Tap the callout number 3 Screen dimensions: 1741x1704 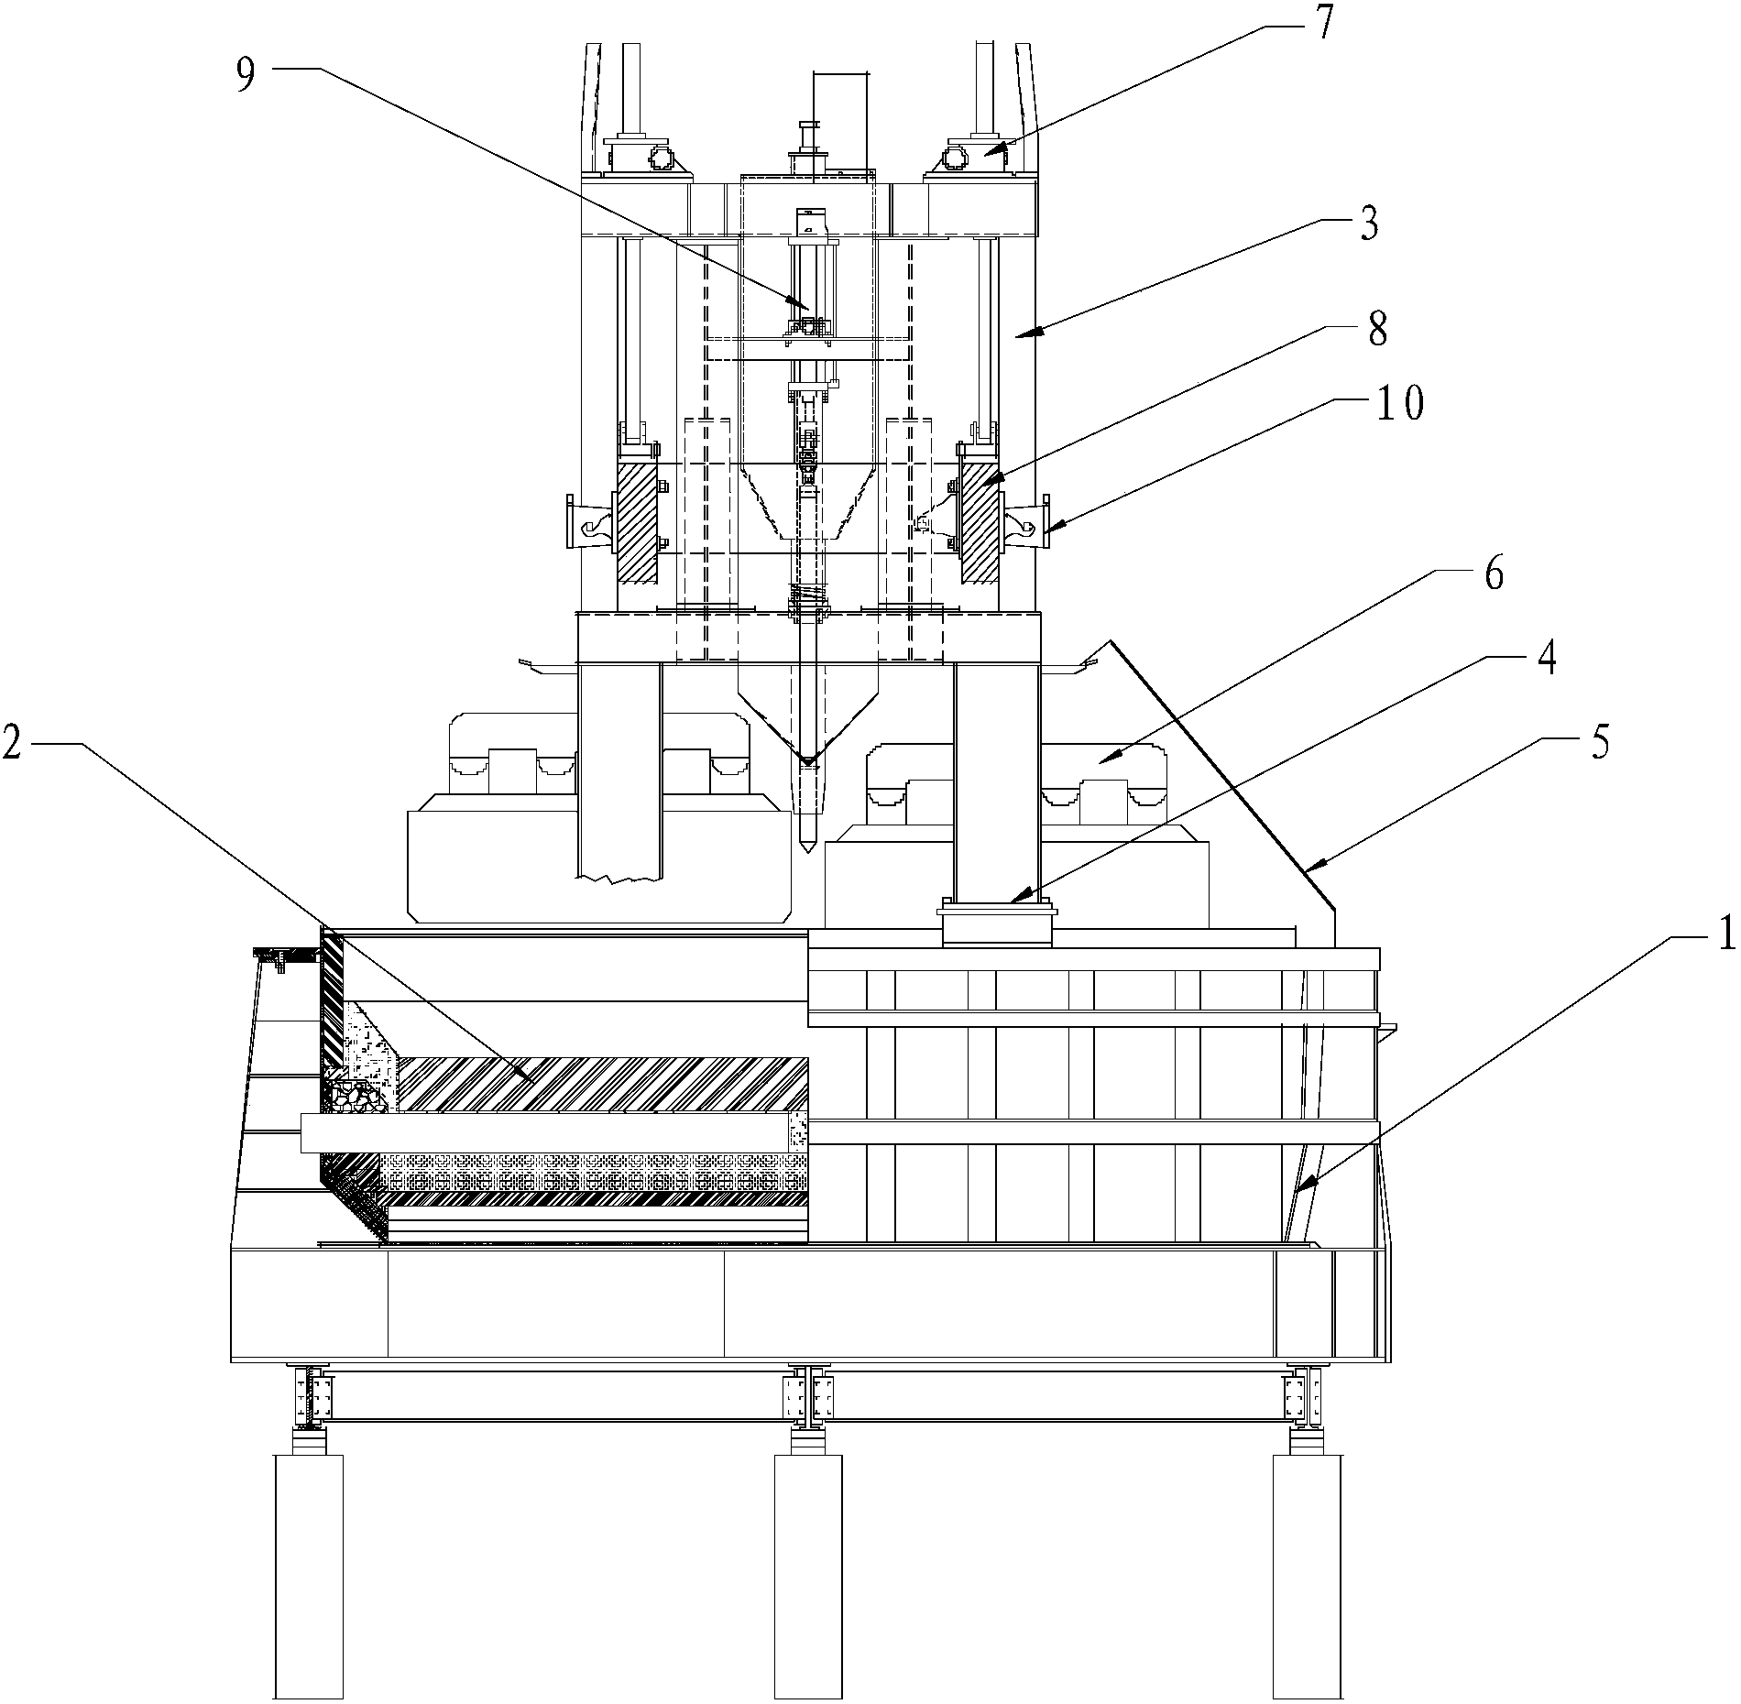1369,223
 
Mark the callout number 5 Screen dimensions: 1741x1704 1598,742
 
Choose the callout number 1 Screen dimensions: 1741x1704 1722,934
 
